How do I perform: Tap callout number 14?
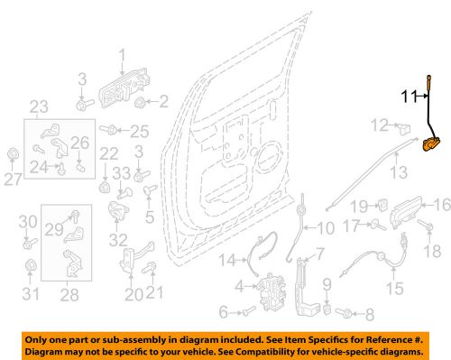(x=228, y=261)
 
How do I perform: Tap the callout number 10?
(x=325, y=226)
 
